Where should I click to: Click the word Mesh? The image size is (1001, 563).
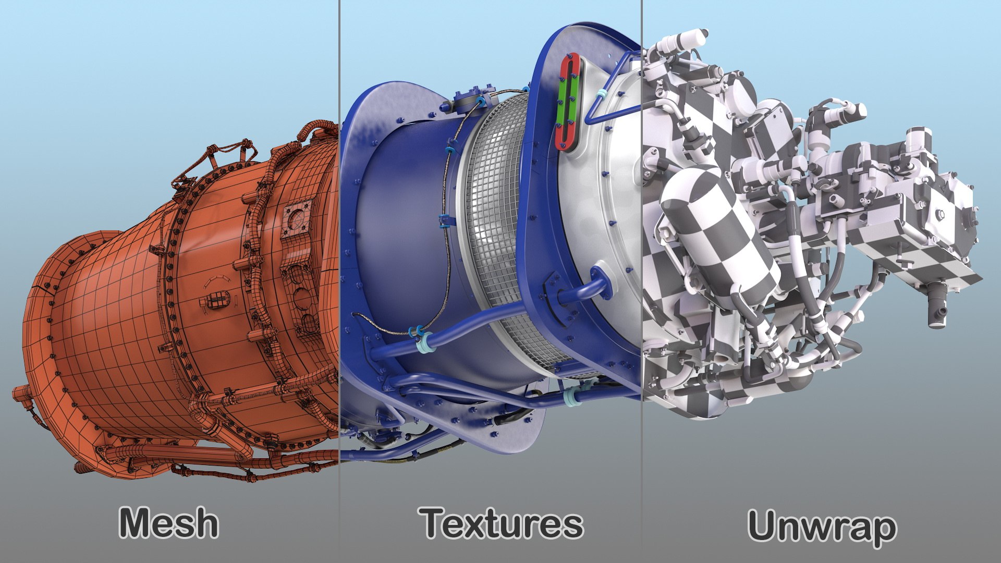[168, 523]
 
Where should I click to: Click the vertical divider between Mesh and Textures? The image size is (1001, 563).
[339, 261]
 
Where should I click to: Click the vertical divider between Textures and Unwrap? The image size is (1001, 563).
[642, 261]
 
